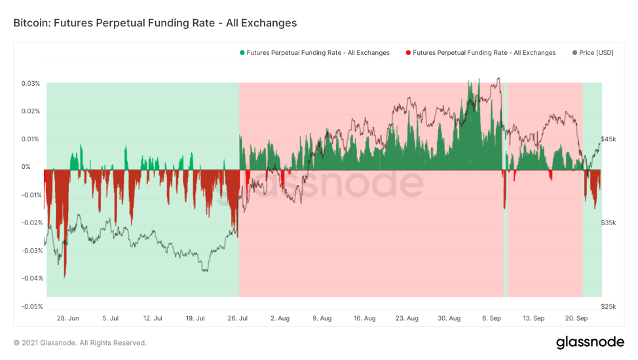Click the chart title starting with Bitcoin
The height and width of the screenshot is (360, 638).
tap(155, 23)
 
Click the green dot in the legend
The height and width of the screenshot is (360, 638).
tap(242, 53)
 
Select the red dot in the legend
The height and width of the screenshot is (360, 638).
tap(408, 53)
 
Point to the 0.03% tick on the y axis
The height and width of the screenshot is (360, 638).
tap(30, 84)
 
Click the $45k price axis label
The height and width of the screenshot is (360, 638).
tap(609, 139)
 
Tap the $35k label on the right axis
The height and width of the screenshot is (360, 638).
tap(609, 223)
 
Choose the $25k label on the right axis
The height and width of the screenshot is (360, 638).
tap(609, 306)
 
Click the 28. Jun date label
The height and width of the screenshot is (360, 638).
tap(68, 318)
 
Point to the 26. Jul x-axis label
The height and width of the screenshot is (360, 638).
tap(236, 318)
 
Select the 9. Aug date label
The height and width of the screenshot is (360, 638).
tap(322, 318)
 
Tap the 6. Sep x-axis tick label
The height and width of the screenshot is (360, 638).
tap(491, 318)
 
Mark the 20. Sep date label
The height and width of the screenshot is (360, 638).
tap(576, 318)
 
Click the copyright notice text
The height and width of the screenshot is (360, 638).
tap(80, 343)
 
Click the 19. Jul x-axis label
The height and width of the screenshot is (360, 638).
tap(195, 318)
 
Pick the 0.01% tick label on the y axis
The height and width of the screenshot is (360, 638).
tap(30, 139)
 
